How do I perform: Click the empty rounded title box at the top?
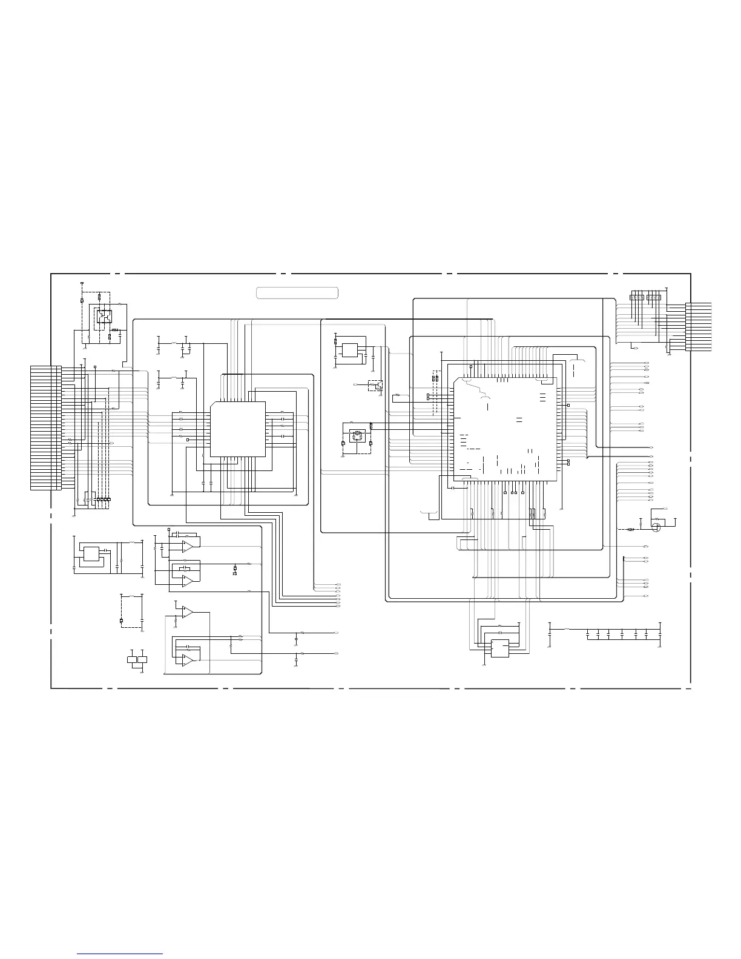297,293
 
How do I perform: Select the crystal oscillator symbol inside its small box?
357,433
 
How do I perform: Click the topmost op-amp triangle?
188,545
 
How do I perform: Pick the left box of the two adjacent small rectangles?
133,659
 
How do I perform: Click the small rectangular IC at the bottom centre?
500,648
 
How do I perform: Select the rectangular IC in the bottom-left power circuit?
91,554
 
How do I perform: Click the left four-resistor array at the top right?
636,297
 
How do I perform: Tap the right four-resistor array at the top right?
653,297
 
